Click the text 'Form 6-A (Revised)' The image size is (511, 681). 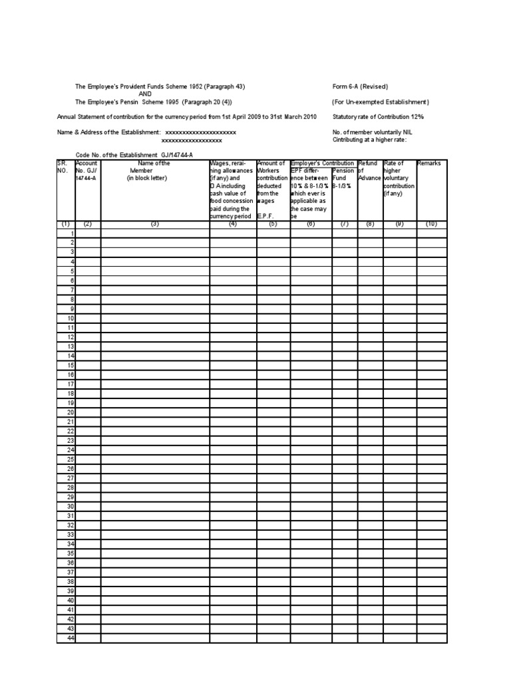(360, 87)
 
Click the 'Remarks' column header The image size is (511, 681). (428, 164)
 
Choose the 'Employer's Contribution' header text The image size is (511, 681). (323, 164)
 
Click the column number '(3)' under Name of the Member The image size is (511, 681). (155, 224)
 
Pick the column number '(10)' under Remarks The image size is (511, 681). (431, 224)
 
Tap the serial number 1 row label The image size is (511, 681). (71, 234)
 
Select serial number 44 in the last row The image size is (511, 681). (70, 638)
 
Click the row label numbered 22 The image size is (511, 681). (70, 432)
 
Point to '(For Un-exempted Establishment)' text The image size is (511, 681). (381, 102)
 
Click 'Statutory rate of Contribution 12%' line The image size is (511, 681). (378, 117)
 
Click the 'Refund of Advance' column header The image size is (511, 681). (369, 171)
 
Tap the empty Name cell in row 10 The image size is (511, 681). (155, 319)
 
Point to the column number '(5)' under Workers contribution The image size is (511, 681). (273, 224)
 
